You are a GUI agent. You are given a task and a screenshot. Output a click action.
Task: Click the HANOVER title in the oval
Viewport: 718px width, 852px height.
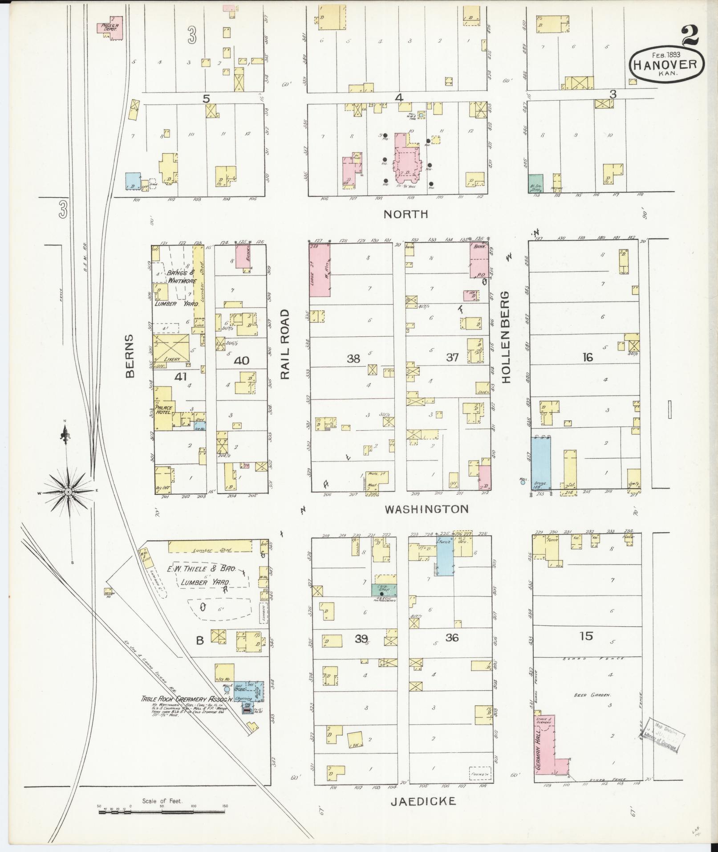click(666, 65)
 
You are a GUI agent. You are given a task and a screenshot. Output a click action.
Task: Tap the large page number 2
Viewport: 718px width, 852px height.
click(690, 36)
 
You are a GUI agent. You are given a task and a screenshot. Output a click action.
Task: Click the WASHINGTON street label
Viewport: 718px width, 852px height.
click(426, 509)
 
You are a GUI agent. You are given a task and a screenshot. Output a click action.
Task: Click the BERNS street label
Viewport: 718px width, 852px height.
click(130, 356)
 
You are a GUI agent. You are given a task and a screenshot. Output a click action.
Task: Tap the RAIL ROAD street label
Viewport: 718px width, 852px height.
click(285, 344)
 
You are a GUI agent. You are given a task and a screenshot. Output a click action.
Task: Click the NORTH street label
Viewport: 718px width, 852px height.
click(406, 214)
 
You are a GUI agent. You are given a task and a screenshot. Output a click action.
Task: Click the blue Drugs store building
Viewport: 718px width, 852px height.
click(541, 464)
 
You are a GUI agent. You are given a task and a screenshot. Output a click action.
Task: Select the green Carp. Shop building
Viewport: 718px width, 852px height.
click(384, 590)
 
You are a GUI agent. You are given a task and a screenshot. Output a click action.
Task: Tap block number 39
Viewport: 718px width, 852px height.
click(361, 639)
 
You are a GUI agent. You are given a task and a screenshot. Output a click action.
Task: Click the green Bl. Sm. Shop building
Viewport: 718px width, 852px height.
click(535, 183)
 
